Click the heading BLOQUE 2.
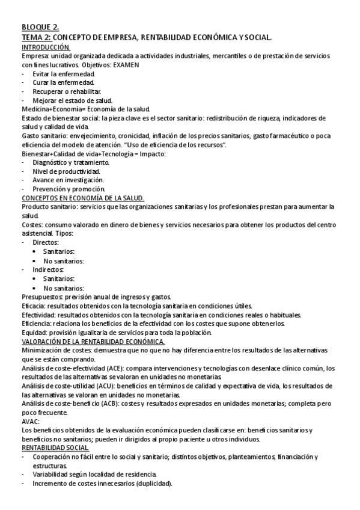coord(40,27)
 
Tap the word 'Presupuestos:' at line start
coord(42,296)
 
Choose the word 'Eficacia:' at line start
coord(35,306)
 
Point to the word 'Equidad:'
coord(35,333)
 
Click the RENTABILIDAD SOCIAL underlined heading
coord(55,448)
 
